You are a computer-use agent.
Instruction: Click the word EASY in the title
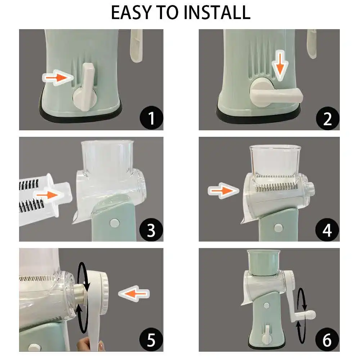(x=131, y=12)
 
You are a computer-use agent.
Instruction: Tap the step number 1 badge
(x=151, y=118)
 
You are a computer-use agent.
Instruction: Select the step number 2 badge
(x=327, y=118)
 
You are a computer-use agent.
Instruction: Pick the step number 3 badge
(x=151, y=230)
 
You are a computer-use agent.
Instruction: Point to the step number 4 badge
(x=327, y=230)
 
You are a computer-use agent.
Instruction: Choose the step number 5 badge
(x=151, y=339)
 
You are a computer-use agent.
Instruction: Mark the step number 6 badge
(x=327, y=339)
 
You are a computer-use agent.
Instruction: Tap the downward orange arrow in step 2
(x=280, y=64)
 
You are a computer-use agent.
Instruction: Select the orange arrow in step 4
(x=224, y=190)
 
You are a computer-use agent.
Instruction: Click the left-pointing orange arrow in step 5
(x=134, y=293)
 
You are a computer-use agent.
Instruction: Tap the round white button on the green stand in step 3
(x=114, y=223)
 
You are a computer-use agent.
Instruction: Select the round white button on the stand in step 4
(x=278, y=228)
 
